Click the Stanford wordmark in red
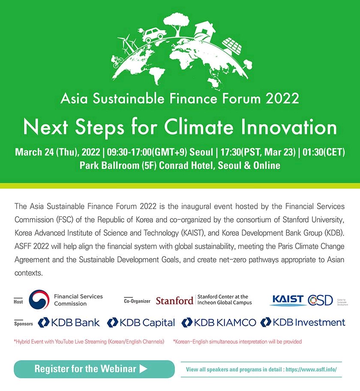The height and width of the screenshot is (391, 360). click(x=174, y=301)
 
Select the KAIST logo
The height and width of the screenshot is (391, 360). click(x=288, y=299)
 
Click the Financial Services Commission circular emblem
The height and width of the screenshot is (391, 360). click(x=39, y=300)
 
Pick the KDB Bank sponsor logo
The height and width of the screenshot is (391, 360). click(x=69, y=322)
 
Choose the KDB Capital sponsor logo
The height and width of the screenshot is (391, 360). click(x=141, y=322)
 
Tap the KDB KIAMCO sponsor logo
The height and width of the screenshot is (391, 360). click(x=219, y=322)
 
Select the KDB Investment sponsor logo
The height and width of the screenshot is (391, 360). click(x=303, y=322)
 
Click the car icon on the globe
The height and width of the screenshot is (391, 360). click(x=152, y=34)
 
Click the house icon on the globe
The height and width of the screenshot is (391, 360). click(x=206, y=30)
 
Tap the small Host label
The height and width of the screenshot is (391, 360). click(x=18, y=302)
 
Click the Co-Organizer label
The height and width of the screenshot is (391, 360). click(x=137, y=301)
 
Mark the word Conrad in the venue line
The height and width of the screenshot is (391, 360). click(x=174, y=165)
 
